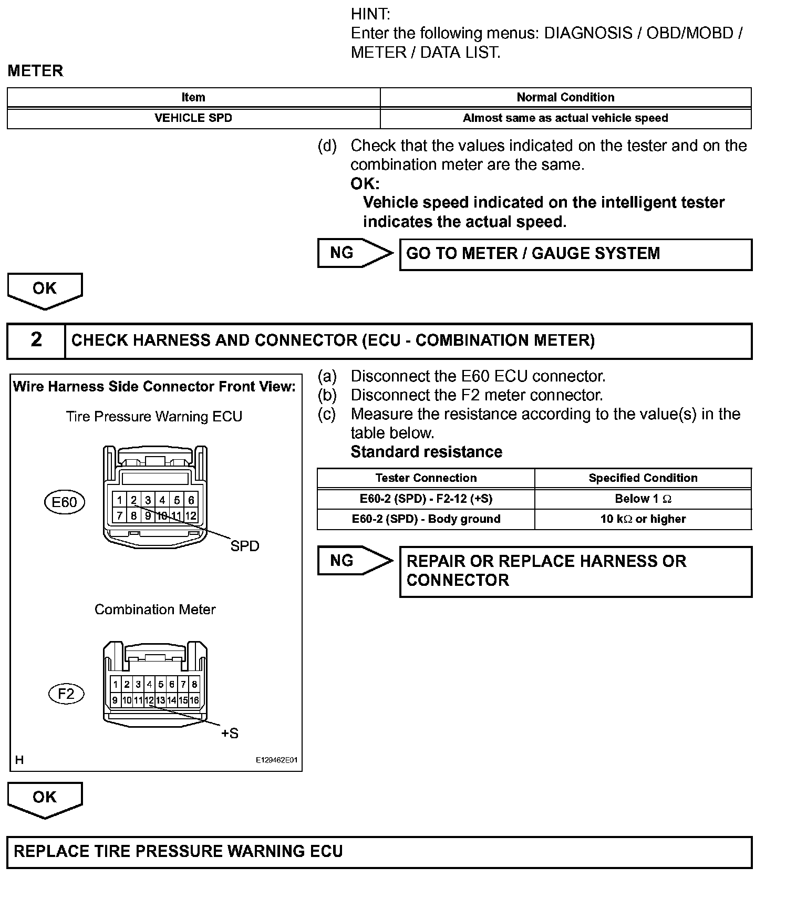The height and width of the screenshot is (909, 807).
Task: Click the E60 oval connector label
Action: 65,502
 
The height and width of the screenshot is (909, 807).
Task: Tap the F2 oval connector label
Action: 66,694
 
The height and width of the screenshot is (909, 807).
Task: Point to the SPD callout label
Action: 245,546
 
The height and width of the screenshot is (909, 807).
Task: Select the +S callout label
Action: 230,733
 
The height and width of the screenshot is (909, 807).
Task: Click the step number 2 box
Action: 36,340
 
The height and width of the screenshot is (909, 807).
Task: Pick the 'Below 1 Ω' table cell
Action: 643,499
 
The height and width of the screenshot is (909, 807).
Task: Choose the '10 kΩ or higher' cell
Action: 643,519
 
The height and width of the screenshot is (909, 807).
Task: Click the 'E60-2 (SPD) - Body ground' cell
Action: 426,519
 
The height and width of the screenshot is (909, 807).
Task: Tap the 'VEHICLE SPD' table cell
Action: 193,118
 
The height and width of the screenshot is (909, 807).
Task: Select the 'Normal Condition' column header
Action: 565,97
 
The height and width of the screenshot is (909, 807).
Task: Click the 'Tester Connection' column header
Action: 426,478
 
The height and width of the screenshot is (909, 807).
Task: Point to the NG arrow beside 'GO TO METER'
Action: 355,253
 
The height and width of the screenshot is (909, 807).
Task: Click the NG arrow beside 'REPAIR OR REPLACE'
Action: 355,561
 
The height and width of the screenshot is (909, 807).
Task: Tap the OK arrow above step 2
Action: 45,290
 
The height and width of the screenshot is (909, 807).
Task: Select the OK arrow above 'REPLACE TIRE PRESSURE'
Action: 45,799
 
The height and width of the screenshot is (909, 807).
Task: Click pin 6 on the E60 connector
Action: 191,500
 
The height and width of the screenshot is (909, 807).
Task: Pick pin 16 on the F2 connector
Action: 194,700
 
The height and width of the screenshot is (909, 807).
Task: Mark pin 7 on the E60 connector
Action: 120,516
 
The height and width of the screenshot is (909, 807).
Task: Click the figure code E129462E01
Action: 276,760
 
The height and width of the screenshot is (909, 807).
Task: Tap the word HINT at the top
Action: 370,14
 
